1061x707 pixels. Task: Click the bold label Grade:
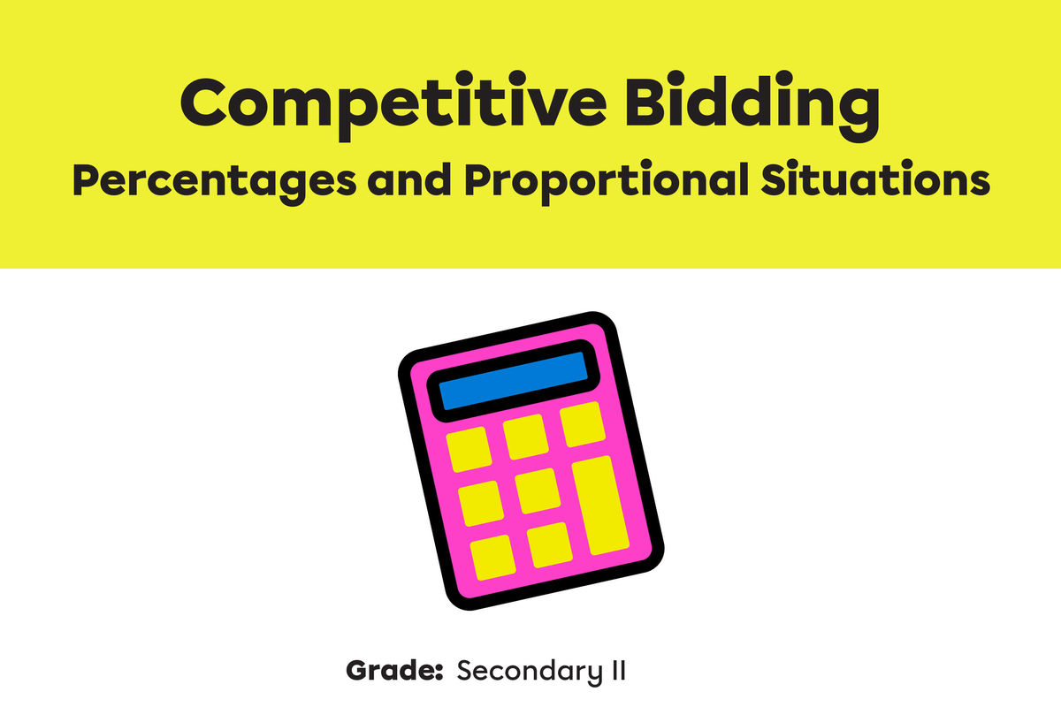click(x=393, y=670)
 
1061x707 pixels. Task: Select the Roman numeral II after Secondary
click(x=616, y=669)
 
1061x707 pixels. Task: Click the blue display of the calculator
click(x=514, y=380)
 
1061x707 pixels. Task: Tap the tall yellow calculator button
click(x=601, y=506)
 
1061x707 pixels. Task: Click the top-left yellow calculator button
click(x=469, y=449)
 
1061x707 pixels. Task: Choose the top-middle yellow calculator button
click(x=526, y=437)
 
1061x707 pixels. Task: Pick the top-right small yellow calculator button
click(x=583, y=424)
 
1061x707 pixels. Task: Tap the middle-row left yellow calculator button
click(x=481, y=503)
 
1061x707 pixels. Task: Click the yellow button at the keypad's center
click(x=538, y=490)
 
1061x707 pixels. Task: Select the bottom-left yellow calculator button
click(x=492, y=558)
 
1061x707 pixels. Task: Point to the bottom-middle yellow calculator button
click(x=549, y=545)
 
